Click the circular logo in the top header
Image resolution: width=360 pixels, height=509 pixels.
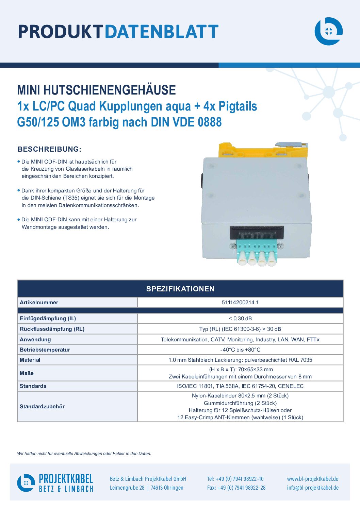328,31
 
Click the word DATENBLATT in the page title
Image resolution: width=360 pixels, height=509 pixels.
162,32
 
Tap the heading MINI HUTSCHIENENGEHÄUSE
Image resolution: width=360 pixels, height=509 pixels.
96,90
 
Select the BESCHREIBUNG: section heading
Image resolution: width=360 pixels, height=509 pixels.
49,149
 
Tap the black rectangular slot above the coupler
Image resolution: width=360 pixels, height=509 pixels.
257,233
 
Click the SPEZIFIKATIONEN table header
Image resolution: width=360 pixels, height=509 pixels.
180,289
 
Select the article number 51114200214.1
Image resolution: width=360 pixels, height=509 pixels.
240,303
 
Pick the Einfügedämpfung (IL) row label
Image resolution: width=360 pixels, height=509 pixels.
48,318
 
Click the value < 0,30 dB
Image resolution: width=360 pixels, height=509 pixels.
240,318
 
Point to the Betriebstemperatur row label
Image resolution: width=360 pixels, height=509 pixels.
45,350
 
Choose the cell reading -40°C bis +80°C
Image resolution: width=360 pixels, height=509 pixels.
240,350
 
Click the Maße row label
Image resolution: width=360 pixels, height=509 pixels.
27,373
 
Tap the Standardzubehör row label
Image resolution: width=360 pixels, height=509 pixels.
42,406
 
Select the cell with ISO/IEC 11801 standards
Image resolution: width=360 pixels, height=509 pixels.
240,386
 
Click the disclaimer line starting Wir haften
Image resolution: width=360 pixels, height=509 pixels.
84,454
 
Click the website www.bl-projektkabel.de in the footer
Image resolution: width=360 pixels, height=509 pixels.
313,479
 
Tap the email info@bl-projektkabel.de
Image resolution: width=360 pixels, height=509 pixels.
313,488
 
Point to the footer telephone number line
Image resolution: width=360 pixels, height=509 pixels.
235,479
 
